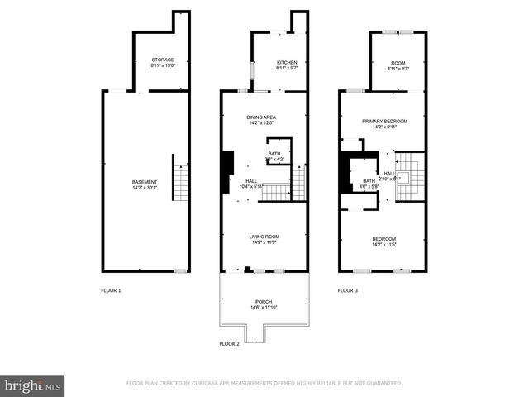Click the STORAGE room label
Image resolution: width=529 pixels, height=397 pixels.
pyautogui.click(x=162, y=60)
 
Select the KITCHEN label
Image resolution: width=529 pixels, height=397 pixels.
pyautogui.click(x=287, y=63)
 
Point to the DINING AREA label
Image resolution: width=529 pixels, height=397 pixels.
pyautogui.click(x=261, y=117)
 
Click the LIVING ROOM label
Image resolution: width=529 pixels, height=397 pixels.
pyautogui.click(x=264, y=237)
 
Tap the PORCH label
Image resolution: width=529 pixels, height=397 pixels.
pyautogui.click(x=264, y=301)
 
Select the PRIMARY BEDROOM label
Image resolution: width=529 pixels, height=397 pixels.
pyautogui.click(x=384, y=121)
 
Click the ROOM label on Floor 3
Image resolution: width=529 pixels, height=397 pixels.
pyautogui.click(x=398, y=63)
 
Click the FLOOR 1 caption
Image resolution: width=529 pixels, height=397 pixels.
pyautogui.click(x=111, y=290)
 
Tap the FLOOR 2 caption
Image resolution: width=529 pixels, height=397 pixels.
pyautogui.click(x=229, y=343)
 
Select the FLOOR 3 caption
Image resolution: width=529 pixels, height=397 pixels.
pyautogui.click(x=348, y=290)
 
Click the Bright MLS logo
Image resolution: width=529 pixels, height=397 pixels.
pyautogui.click(x=33, y=385)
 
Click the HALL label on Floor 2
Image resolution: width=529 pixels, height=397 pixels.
pyautogui.click(x=249, y=180)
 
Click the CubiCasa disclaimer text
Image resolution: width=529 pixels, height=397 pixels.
pyautogui.click(x=264, y=383)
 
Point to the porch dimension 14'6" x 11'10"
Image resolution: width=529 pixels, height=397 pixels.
pyautogui.click(x=264, y=308)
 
